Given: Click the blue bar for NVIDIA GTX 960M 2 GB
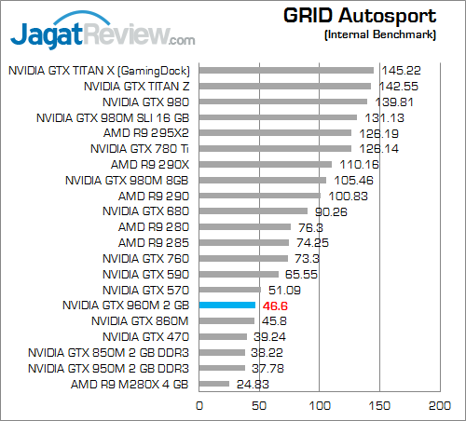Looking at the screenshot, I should click(226, 305).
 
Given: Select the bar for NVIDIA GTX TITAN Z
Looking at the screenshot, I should click(284, 86).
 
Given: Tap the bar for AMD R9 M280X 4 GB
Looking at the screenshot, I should click(213, 384).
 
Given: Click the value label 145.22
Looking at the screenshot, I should click(396, 70).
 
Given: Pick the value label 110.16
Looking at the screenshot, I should click(354, 164).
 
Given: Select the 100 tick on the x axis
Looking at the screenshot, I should click(320, 405).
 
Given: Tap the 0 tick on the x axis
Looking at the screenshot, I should click(199, 405).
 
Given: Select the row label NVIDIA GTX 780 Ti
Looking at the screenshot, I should click(140, 148).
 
